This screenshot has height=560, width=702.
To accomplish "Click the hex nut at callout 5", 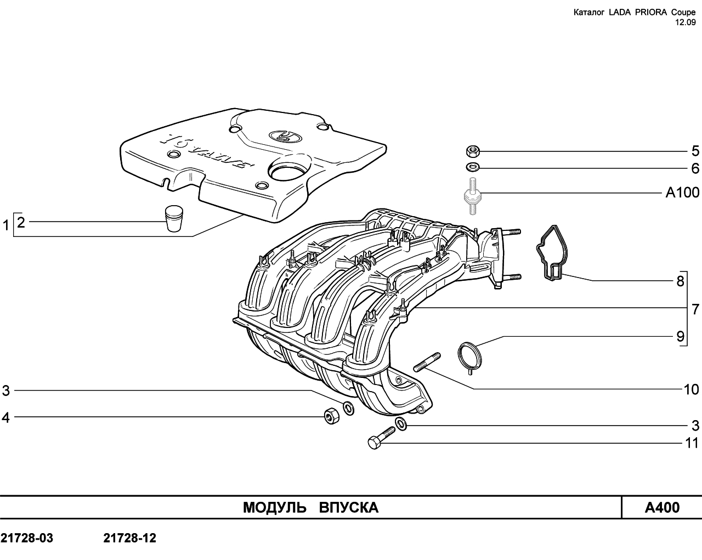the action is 473,151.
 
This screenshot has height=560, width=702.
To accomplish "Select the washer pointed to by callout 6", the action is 473,168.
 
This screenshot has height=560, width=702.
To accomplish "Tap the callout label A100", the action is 682,193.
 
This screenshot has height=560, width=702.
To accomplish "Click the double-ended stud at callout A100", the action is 473,195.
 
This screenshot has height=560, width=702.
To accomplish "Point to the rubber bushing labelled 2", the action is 174,218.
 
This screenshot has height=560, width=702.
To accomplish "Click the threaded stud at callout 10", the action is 427,362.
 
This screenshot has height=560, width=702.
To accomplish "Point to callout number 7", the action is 695,309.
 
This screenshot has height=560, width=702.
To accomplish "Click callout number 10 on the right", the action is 691,389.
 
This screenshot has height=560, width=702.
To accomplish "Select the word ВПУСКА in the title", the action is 348,508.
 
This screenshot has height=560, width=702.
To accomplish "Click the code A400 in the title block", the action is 662,508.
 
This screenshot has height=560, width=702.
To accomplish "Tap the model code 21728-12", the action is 129,538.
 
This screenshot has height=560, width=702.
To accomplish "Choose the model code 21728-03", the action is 27,538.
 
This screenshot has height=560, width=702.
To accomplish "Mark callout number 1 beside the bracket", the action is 5,225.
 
